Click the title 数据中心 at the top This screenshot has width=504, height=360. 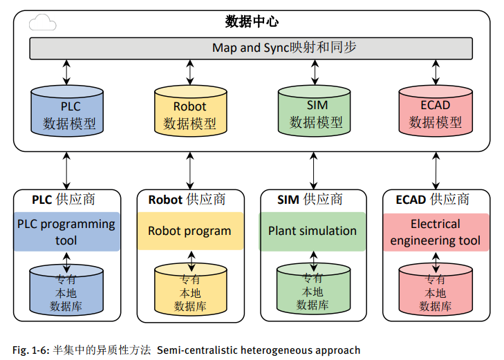[x=252, y=22]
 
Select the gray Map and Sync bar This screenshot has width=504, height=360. [x=252, y=48]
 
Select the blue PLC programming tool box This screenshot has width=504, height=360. [x=66, y=232]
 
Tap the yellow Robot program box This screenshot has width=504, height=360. [x=190, y=231]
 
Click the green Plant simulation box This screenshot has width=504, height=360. [x=313, y=231]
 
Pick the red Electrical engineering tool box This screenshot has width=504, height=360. [x=436, y=232]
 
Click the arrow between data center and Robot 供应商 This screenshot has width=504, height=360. [x=190, y=169]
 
